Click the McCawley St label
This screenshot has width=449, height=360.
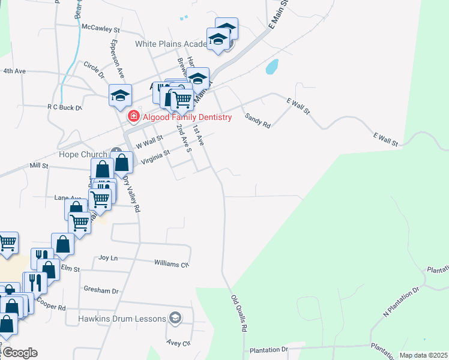point(101,28)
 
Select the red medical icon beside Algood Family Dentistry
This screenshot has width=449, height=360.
point(134,117)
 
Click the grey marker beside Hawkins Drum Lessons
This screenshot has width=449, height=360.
point(175,317)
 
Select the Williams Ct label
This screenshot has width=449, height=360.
point(172,263)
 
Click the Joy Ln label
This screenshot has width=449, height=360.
point(108,257)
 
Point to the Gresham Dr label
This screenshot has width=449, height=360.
point(101,290)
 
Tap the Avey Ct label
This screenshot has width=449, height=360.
point(178,344)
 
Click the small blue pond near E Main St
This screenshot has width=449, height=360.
point(271,67)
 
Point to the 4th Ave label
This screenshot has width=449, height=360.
point(14,71)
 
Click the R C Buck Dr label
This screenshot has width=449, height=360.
point(64,107)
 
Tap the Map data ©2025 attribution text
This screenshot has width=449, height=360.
point(423,355)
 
